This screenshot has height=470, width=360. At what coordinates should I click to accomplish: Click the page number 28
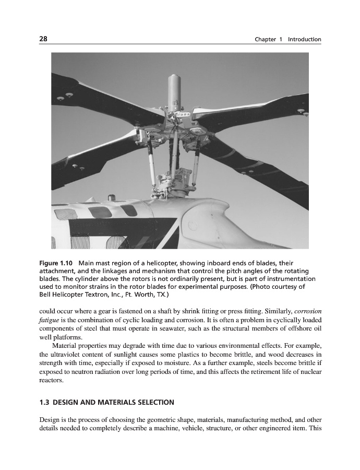click(43, 39)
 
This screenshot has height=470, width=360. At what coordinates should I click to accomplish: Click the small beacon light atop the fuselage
click(111, 197)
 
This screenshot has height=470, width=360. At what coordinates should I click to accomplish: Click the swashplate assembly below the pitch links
click(175, 184)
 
